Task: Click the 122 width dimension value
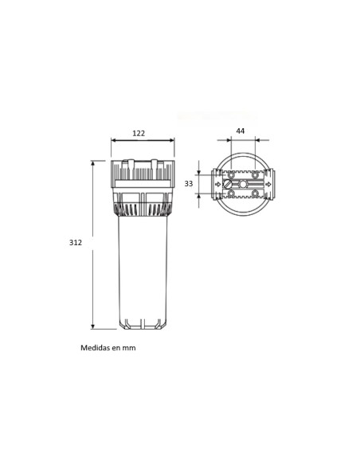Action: pyautogui.click(x=139, y=133)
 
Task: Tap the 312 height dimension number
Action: pyautogui.click(x=76, y=242)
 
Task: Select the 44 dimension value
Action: pyautogui.click(x=241, y=131)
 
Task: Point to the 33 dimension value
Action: pyautogui.click(x=189, y=184)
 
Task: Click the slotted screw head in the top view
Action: pyautogui.click(x=228, y=184)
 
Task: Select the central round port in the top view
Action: pyautogui.click(x=243, y=184)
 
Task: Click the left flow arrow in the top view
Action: pyautogui.click(x=218, y=184)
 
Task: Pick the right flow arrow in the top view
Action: pyautogui.click(x=268, y=184)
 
